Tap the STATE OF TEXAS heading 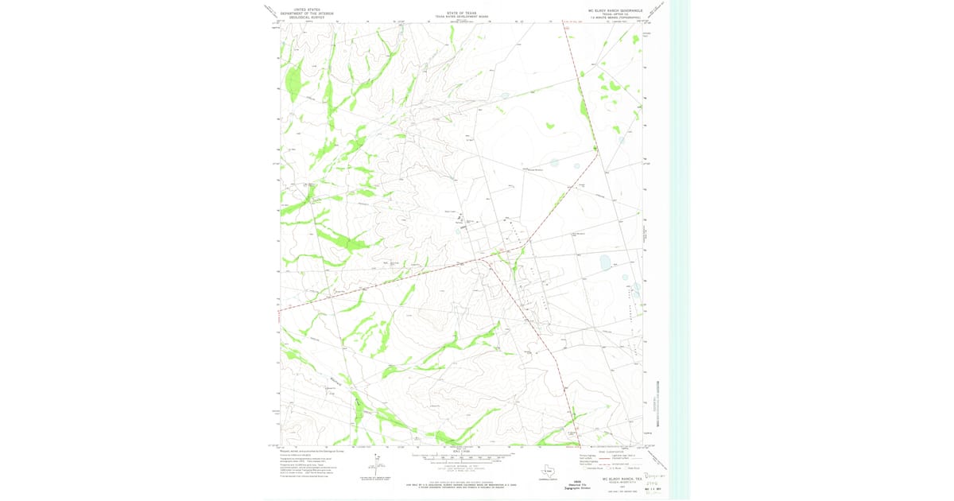[461, 13]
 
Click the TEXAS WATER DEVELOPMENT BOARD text [461, 17]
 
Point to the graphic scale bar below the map [461, 458]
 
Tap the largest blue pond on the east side [606, 261]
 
